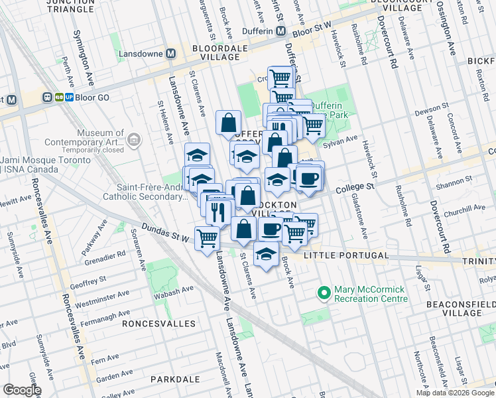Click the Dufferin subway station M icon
281,31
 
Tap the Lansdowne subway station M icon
170,53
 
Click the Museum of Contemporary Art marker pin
134,139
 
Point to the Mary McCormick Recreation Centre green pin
324,293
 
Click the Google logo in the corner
21,390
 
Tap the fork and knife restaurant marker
217,212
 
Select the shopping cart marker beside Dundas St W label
208,237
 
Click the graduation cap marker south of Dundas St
267,255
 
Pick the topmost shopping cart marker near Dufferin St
280,78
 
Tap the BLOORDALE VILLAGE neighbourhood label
215,53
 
